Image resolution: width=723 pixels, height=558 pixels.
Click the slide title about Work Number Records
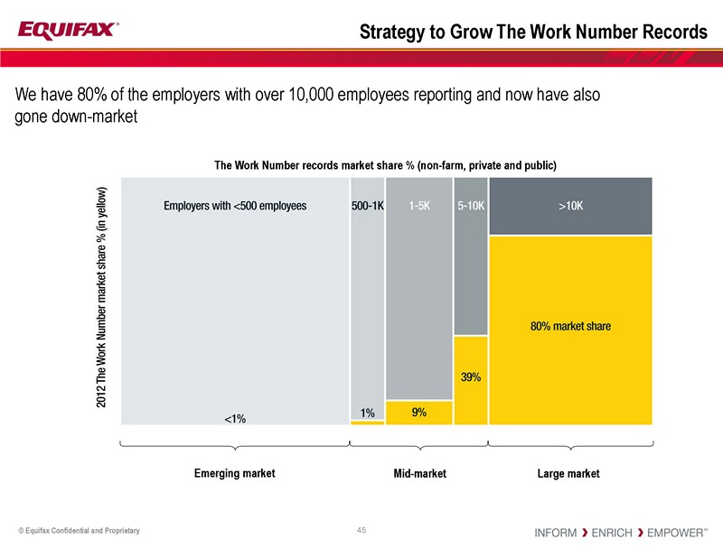pos(533,33)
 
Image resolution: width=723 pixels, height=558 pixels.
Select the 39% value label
pos(470,377)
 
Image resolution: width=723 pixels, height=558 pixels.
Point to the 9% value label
pos(418,412)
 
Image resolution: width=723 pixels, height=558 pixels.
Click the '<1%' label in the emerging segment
pos(235,418)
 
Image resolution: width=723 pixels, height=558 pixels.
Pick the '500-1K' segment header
pos(367,206)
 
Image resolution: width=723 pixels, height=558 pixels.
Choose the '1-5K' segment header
pos(418,206)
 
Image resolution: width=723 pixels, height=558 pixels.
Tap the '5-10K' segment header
pos(470,206)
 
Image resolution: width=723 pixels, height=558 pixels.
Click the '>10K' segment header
pos(570,206)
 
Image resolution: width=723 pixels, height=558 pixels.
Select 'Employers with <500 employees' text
pos(235,206)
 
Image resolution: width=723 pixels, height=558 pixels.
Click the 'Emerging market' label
pos(235,473)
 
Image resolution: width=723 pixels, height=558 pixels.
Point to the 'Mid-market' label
pos(419,473)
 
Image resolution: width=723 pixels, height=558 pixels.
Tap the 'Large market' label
pos(569,473)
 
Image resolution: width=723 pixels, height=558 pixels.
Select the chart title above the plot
pos(384,165)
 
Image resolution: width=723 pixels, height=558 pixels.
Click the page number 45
pos(361,529)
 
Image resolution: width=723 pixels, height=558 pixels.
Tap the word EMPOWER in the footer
pos(673,533)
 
